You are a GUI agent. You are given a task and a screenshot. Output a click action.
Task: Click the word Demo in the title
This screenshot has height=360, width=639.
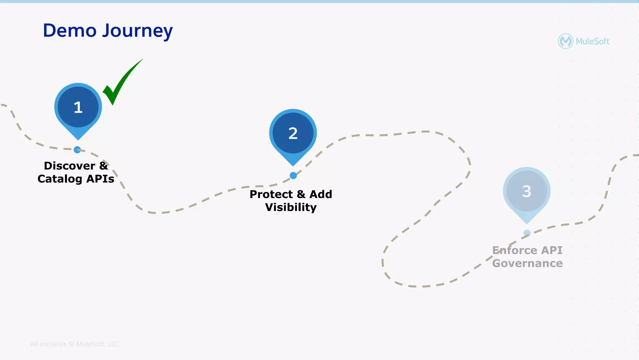click(x=70, y=31)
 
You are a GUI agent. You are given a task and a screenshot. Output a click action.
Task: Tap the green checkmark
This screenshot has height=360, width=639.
click(x=120, y=83)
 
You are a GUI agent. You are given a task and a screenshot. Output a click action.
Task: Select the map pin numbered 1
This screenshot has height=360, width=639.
click(x=78, y=107)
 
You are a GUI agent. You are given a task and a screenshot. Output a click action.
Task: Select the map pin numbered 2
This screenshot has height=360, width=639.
click(x=293, y=133)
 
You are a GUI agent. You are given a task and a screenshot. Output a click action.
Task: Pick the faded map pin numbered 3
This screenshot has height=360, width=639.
click(x=527, y=191)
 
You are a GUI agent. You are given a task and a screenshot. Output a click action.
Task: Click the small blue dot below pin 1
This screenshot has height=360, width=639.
click(x=77, y=150)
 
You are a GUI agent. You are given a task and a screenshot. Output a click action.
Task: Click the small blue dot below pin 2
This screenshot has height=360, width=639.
click(x=293, y=176)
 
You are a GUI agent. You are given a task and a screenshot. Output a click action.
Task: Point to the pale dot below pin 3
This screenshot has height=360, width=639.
click(x=527, y=233)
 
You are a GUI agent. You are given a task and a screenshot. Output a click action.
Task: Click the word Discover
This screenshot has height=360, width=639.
click(x=69, y=166)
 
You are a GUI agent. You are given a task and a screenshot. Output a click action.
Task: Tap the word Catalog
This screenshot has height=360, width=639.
click(x=60, y=179)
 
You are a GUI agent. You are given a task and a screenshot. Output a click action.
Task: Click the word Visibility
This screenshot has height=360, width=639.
click(x=291, y=207)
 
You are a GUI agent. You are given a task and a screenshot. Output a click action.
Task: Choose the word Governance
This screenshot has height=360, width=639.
click(x=527, y=264)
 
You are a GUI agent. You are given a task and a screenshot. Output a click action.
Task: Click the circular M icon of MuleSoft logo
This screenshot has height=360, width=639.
click(x=565, y=41)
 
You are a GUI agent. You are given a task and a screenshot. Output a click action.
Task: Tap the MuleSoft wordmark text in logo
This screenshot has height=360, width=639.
click(x=592, y=42)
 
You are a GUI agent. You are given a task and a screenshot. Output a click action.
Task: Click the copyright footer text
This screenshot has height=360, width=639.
click(x=74, y=344)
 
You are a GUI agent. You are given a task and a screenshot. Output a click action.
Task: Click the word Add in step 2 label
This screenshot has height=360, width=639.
click(x=320, y=195)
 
